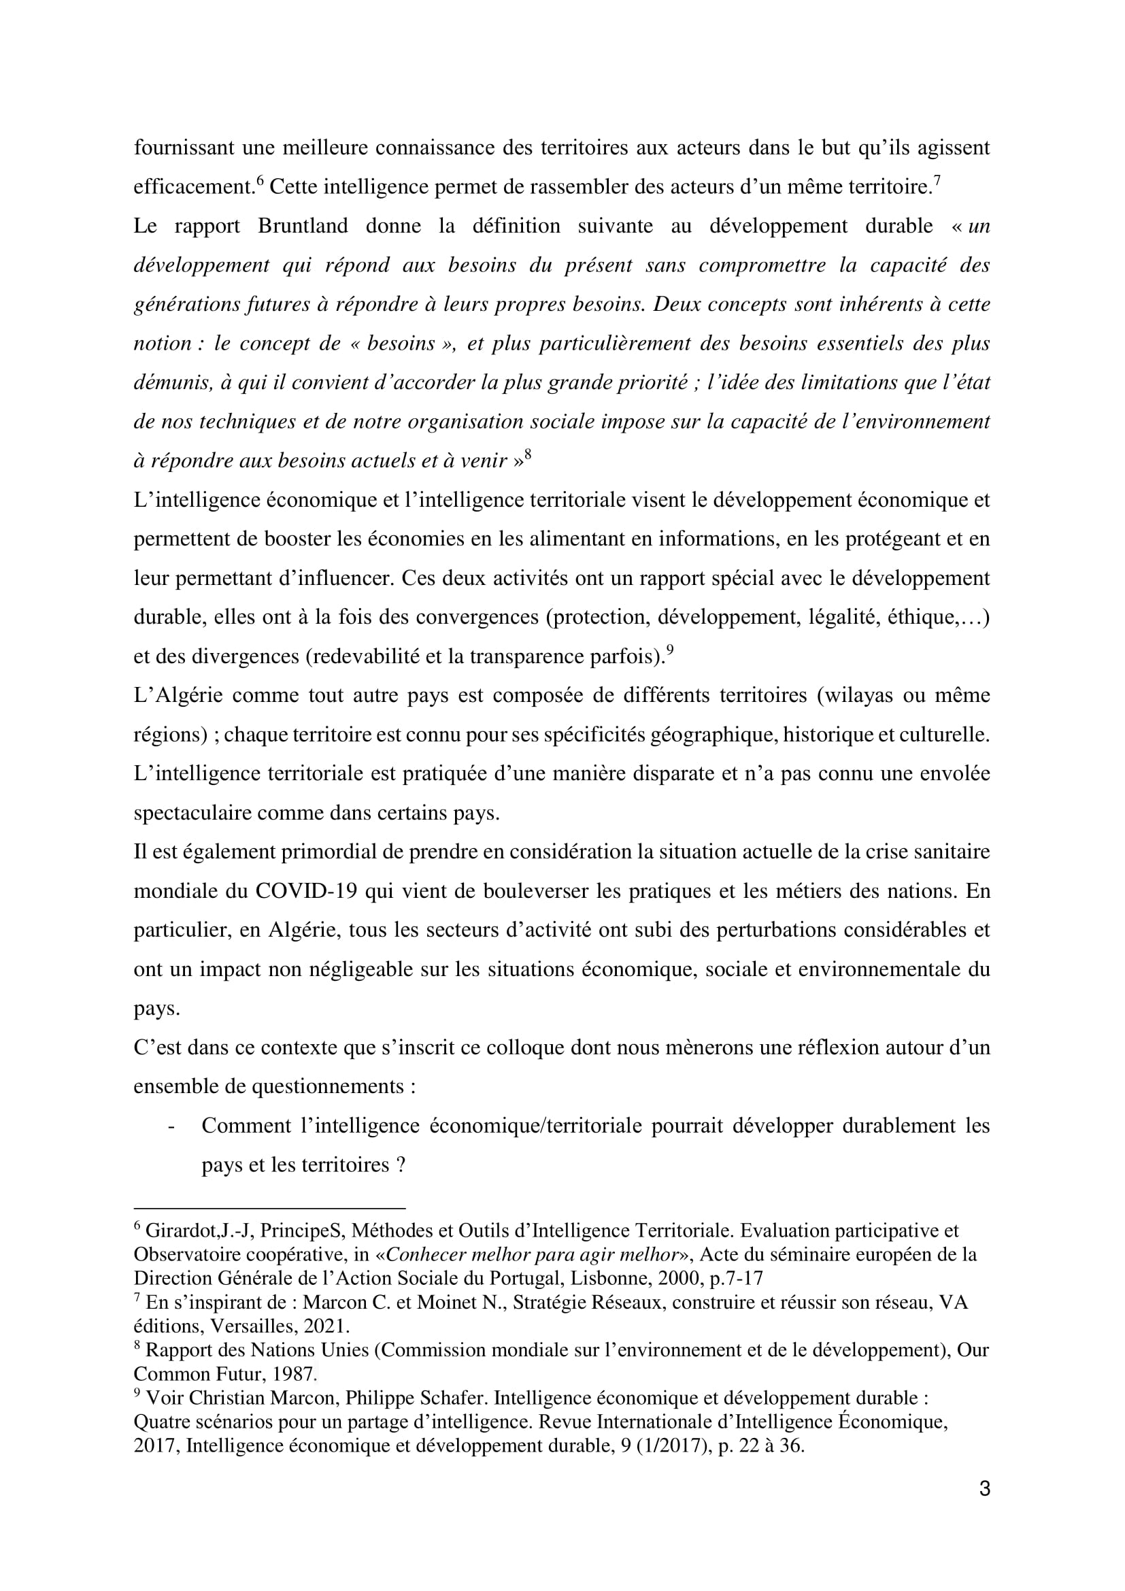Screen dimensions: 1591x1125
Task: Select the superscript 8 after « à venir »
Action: coord(528,454)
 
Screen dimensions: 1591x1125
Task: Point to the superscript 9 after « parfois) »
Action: coord(669,650)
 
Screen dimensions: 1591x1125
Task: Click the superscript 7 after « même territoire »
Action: coord(937,181)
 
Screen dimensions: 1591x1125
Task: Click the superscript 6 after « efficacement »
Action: coord(260,181)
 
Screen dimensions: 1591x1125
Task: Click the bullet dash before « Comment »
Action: coord(171,1126)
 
